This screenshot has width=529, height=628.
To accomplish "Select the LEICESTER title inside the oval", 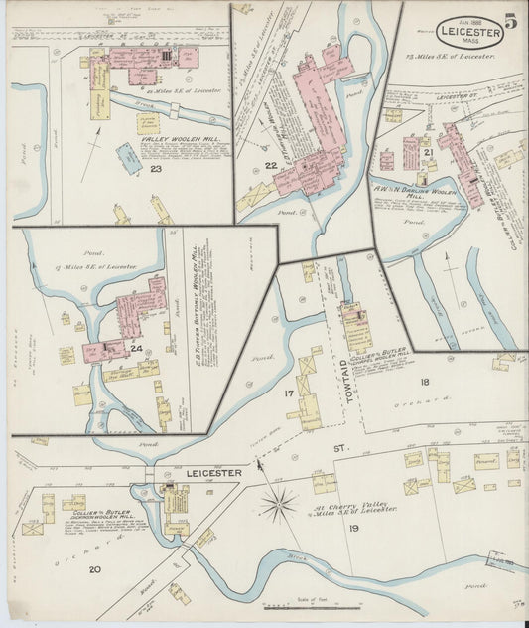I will pyautogui.click(x=467, y=32).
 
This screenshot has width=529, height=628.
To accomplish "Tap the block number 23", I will pyautogui.click(x=156, y=168).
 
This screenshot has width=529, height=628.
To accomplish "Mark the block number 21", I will pyautogui.click(x=428, y=153).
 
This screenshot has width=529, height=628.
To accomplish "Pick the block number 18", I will pyautogui.click(x=424, y=382).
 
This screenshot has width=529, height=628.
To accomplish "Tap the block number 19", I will pyautogui.click(x=353, y=528).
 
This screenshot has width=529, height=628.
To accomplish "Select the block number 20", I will pyautogui.click(x=95, y=569).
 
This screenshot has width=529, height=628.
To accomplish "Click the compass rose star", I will pyautogui.click(x=279, y=503).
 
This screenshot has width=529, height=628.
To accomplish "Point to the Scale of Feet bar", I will pyautogui.click(x=313, y=605).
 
